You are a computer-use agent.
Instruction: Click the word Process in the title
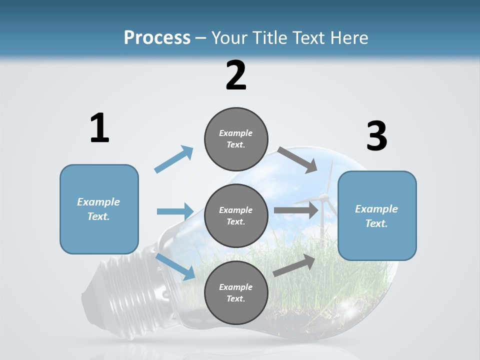coord(157,37)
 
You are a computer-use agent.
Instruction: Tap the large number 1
coord(99,128)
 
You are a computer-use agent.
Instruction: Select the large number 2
coord(236,75)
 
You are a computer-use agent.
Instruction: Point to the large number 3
coord(376,136)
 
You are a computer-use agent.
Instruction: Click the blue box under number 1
coord(99,209)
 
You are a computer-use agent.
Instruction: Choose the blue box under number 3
coord(377,215)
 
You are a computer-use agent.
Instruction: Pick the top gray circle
coord(236,138)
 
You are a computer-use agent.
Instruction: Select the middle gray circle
coord(236,215)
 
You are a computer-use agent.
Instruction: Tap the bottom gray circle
coord(236,292)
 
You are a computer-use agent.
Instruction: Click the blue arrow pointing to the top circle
coord(174,159)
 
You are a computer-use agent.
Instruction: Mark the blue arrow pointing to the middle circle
coord(175,211)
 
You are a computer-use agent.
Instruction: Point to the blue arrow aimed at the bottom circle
coord(175,266)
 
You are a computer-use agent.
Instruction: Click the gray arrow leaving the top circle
coord(297,159)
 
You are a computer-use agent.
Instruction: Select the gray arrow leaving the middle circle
coord(296,210)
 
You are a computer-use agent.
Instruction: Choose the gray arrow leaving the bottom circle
coord(294,265)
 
